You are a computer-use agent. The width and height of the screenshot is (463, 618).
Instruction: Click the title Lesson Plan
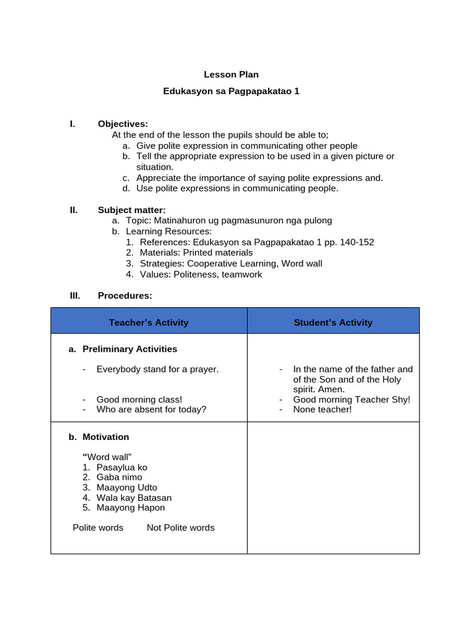point(231,75)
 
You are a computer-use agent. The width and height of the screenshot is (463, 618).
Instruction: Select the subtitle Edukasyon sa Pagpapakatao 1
point(231,92)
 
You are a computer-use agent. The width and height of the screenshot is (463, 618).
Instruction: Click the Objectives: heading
point(122,124)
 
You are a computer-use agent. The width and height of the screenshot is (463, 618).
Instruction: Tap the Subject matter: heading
point(131,210)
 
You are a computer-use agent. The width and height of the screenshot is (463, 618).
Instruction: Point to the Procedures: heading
point(125,296)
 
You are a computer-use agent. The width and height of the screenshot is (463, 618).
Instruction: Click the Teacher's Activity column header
point(148,323)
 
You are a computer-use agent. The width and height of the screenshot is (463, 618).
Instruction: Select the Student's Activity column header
point(333,323)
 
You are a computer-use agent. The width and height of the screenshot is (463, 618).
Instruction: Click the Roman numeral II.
point(74,210)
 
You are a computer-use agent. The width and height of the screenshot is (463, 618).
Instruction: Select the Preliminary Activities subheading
point(130,349)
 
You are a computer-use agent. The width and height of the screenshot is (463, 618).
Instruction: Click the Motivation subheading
point(106,437)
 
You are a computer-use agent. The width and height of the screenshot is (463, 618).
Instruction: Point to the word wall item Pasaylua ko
point(122,468)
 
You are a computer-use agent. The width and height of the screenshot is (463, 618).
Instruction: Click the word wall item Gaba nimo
point(119,477)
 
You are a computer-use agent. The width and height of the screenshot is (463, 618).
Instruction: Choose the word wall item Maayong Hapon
point(130,508)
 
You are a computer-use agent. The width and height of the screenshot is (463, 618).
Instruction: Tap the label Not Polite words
point(180,528)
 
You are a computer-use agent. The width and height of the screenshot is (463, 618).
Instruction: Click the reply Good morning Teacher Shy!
point(351,400)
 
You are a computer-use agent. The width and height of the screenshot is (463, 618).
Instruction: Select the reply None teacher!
point(322,410)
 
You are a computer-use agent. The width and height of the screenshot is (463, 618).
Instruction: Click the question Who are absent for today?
point(151,410)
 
